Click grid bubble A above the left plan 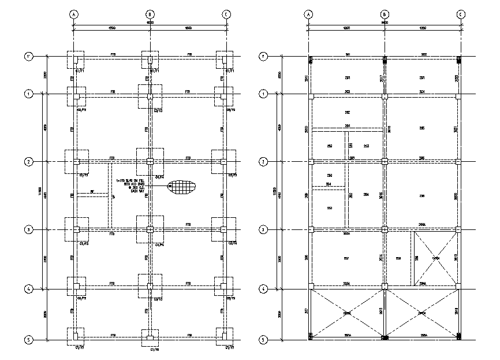point(74,14)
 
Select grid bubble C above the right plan point(461,14)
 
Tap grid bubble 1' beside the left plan point(27,57)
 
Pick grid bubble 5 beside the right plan point(263,340)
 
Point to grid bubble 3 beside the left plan point(27,230)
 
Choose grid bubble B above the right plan point(385,14)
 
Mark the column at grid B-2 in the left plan point(150,161)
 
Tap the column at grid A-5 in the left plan point(76,336)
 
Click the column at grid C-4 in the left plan point(223,285)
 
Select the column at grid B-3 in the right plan point(385,230)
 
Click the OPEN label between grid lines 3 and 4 point(436,258)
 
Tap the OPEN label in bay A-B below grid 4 point(347,313)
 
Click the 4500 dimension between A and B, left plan point(112,28)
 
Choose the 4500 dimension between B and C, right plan point(423,28)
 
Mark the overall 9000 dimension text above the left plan point(150,23)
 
